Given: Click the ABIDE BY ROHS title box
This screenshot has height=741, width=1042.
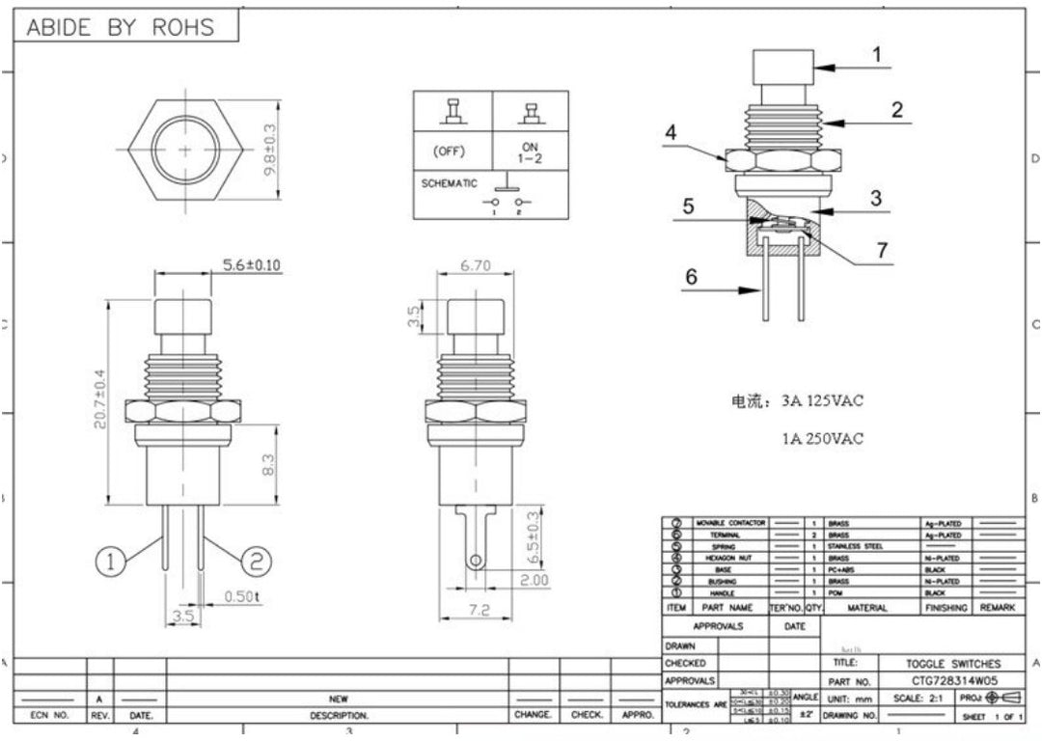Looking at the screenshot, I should pyautogui.click(x=121, y=27).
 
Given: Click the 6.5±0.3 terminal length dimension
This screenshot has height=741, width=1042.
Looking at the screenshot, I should pyautogui.click(x=532, y=536).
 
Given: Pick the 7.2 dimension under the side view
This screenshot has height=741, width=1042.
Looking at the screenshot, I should pyautogui.click(x=479, y=610).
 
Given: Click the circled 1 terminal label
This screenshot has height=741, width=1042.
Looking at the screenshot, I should pyautogui.click(x=112, y=561).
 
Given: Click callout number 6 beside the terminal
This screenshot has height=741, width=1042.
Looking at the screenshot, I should pyautogui.click(x=691, y=277).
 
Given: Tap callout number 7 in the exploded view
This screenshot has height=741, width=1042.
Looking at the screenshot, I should pyautogui.click(x=881, y=250).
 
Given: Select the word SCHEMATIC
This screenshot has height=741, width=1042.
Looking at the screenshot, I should pyautogui.click(x=449, y=182).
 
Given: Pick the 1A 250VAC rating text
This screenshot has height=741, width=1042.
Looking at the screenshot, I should pyautogui.click(x=823, y=438).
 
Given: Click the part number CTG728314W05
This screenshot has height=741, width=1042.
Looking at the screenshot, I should pyautogui.click(x=953, y=680).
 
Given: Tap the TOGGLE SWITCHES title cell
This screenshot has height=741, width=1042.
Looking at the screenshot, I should pyautogui.click(x=953, y=664).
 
